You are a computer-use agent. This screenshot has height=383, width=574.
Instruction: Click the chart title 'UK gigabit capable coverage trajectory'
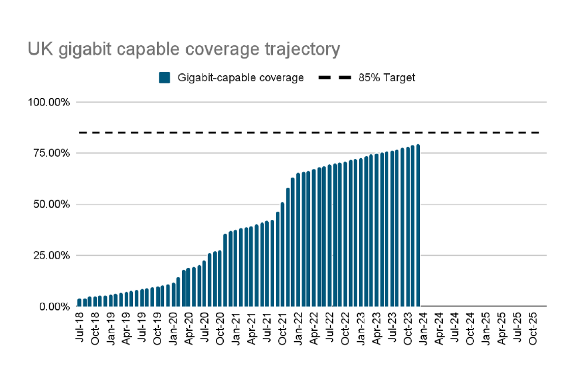click(183, 50)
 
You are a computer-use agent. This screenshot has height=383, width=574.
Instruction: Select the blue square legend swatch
click(165, 78)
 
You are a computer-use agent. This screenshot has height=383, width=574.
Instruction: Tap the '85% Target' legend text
click(387, 78)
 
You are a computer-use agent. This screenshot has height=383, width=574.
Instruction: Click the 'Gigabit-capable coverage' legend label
click(240, 78)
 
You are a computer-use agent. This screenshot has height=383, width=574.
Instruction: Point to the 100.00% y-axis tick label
click(49, 102)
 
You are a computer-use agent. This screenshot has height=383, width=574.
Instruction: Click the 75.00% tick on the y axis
click(51, 153)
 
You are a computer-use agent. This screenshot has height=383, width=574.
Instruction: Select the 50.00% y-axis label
click(51, 205)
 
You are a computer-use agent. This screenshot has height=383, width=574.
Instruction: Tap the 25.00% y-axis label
click(51, 256)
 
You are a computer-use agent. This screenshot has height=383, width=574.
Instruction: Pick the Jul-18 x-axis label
click(80, 327)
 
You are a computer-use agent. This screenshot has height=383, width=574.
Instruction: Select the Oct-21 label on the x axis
click(282, 327)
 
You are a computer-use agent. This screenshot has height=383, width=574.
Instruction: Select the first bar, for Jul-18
click(80, 303)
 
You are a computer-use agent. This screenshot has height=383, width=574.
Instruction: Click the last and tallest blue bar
click(418, 226)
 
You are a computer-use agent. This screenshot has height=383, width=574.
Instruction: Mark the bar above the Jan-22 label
click(298, 240)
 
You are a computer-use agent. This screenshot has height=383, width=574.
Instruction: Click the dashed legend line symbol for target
click(335, 78)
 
